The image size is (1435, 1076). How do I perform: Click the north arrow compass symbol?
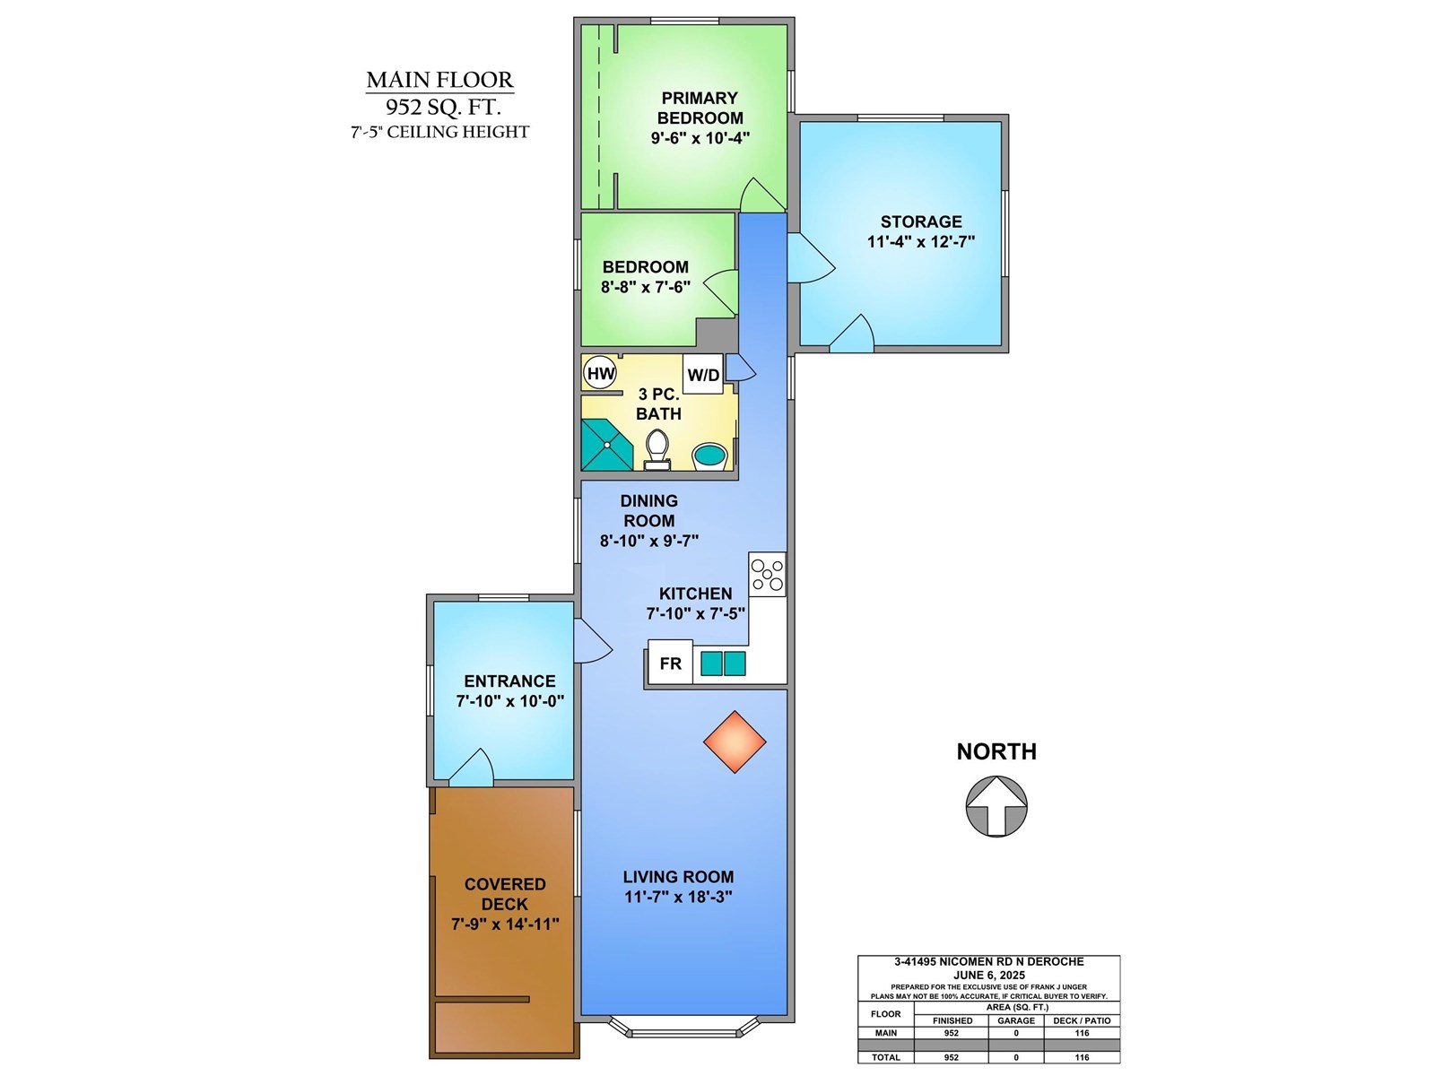point(996,806)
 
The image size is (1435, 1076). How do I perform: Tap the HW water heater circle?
point(600,373)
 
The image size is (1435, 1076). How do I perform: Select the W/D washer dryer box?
point(703,375)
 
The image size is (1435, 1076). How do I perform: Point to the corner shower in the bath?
point(604,446)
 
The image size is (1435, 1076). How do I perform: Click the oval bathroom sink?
point(710,455)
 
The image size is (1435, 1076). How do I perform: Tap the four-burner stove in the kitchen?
point(768,575)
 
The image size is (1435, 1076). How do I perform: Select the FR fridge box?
point(670,664)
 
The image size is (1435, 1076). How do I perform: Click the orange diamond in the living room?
point(735,742)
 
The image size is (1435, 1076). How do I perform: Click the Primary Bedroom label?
point(700,108)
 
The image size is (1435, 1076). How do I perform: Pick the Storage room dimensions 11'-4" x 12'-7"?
point(920,241)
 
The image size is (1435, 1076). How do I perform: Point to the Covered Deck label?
point(505,894)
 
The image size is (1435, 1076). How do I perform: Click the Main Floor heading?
point(439,80)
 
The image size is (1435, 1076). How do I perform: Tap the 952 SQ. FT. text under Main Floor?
point(442,107)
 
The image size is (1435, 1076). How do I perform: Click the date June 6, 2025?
point(988,975)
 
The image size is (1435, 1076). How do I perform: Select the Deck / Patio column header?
point(1082,1020)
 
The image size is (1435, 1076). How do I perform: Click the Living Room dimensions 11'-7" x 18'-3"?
point(678,897)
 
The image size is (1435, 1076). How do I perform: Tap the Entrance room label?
point(509,681)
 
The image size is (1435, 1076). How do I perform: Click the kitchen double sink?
point(723,664)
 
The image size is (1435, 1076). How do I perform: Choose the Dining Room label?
point(648,511)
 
